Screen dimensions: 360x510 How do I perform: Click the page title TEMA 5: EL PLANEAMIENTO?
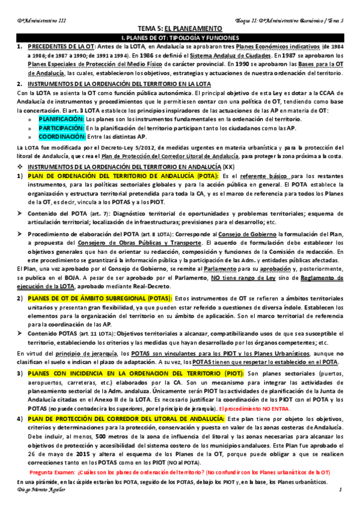coord(180,28)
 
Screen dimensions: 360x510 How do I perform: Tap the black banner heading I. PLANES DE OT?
coord(180,37)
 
